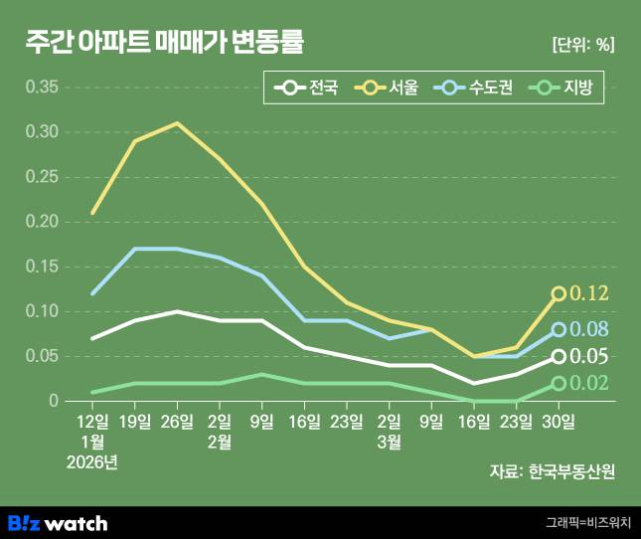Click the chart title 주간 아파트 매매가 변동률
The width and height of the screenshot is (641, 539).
coord(165,43)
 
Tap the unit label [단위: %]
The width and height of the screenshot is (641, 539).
coord(582,45)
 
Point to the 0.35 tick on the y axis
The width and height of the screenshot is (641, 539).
coord(41,88)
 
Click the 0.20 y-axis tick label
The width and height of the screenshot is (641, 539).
coord(41,222)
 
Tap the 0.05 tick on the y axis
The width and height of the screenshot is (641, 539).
coord(41,356)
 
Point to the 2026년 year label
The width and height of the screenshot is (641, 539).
coord(92,462)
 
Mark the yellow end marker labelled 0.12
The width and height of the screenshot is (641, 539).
coord(559,293)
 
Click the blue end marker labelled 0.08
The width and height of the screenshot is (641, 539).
coord(559,329)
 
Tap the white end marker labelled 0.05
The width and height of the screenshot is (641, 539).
coord(559,356)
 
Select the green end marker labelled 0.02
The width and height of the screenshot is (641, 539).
coord(559,383)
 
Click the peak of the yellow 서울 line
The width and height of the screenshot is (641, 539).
coord(177,123)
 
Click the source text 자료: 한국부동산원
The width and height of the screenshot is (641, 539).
coord(552,471)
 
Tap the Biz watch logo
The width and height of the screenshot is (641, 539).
coord(57,522)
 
